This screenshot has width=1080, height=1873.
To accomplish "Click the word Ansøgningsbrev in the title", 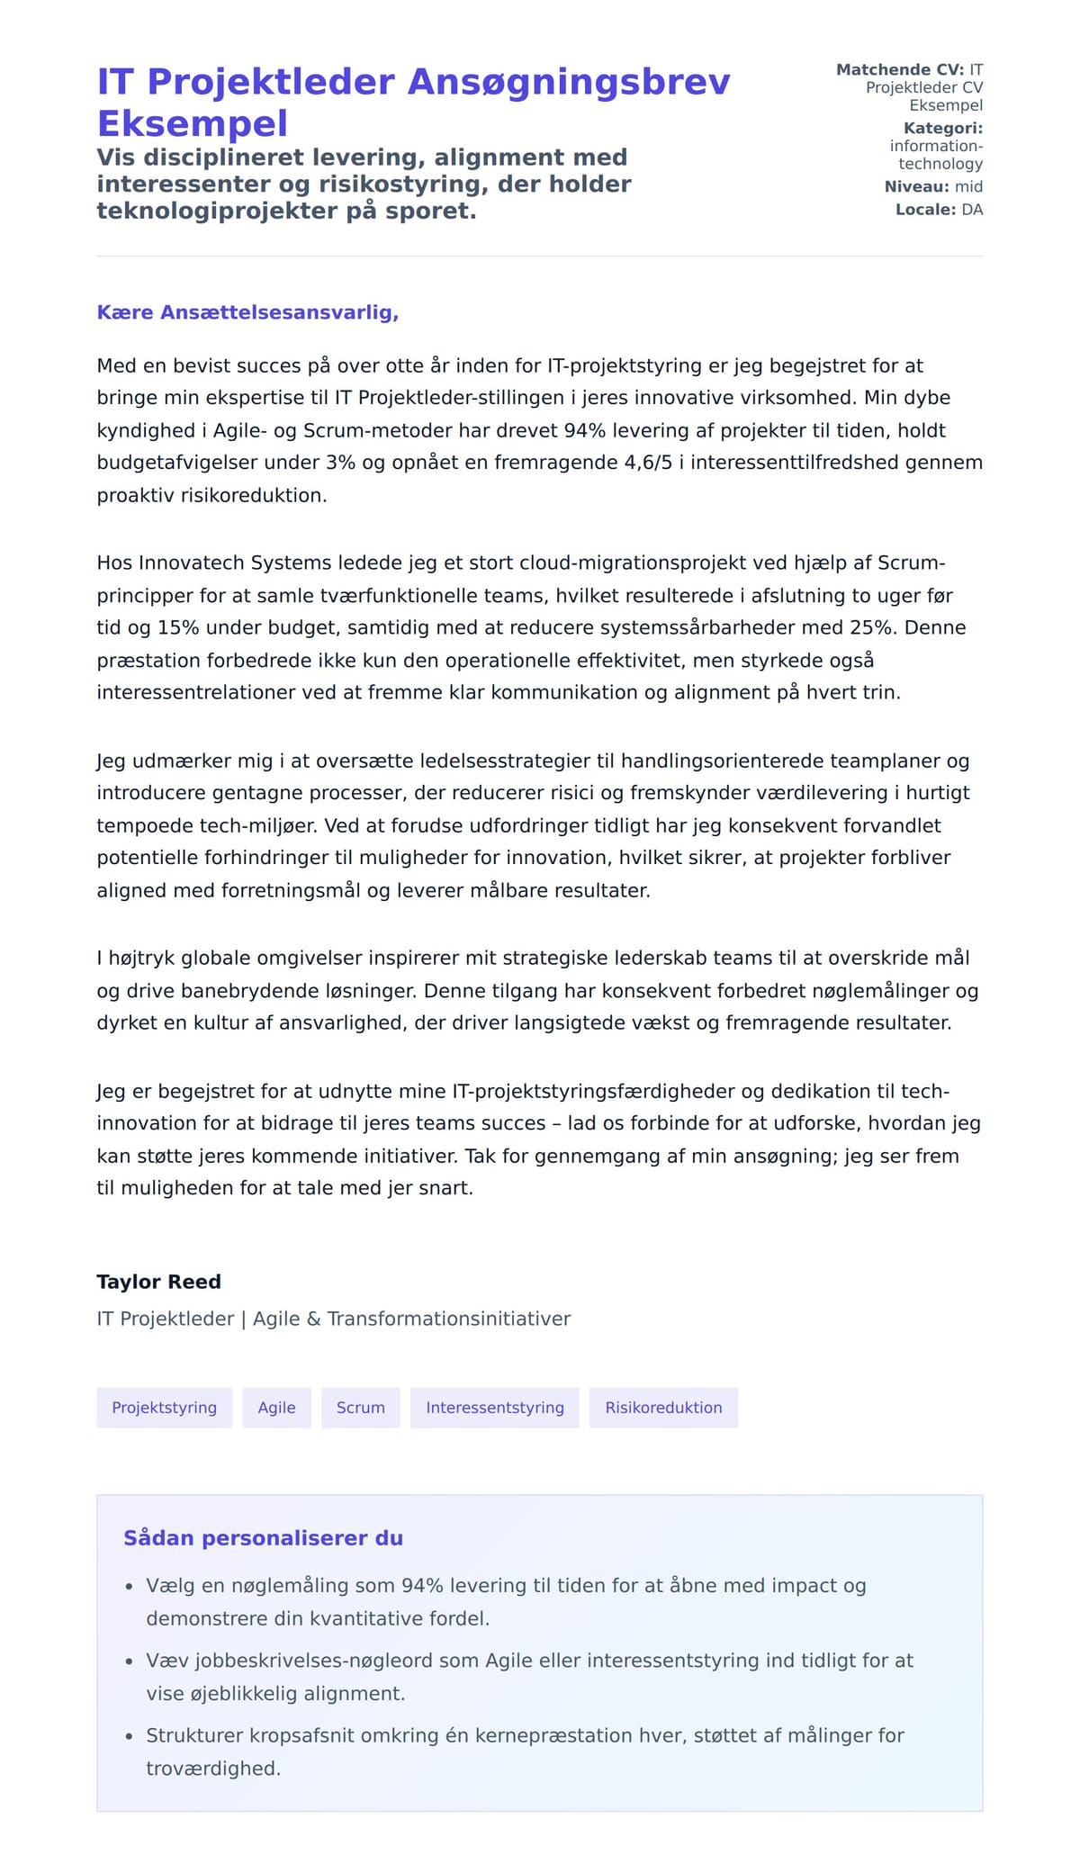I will [x=569, y=82].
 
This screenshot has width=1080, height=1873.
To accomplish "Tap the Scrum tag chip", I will [x=360, y=1408].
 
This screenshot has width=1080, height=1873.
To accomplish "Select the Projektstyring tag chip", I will [x=164, y=1408].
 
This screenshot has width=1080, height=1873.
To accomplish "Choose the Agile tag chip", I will [x=276, y=1408].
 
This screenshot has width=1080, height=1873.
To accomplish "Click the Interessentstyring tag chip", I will [x=494, y=1408].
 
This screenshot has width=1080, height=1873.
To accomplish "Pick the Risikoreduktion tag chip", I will [x=663, y=1408].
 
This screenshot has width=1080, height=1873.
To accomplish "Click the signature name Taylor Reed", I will [x=158, y=1282].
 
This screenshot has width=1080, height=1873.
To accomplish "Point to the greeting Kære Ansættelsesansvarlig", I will [x=247, y=312].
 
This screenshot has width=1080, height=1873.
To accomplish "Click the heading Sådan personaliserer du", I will [x=263, y=1538].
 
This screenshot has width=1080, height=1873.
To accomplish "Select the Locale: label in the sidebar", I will [x=925, y=210].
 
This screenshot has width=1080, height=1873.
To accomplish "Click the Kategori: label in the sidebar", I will [x=942, y=129].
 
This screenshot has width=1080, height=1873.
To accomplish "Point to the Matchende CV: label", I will [x=899, y=70].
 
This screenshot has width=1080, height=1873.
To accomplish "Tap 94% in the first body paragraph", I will [x=585, y=430].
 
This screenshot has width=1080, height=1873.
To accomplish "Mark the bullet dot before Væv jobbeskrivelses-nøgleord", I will [x=129, y=1661].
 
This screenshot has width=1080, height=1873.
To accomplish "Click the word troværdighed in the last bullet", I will [x=213, y=1769].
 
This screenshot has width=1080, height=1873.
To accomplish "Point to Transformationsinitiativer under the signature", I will [x=448, y=1319].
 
